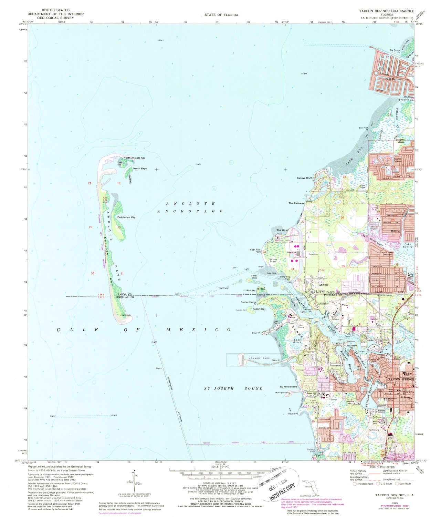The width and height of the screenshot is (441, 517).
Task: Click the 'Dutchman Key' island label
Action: click(x=126, y=217)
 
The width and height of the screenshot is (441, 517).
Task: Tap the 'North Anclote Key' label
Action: click(x=135, y=158)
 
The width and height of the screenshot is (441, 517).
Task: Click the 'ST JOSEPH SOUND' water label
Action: click(x=233, y=388)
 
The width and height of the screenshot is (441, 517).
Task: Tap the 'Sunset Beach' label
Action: click(x=288, y=387)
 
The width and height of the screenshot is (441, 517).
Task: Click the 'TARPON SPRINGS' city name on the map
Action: click(x=400, y=379)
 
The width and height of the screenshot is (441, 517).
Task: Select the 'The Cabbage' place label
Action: click(x=296, y=203)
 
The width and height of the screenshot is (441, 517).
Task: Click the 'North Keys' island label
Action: click(x=140, y=168)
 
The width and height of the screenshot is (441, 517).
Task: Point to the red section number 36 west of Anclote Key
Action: click(x=93, y=273)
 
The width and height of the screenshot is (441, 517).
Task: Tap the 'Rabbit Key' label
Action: click(x=259, y=309)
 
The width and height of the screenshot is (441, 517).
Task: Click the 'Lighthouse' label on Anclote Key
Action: click(x=126, y=315)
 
